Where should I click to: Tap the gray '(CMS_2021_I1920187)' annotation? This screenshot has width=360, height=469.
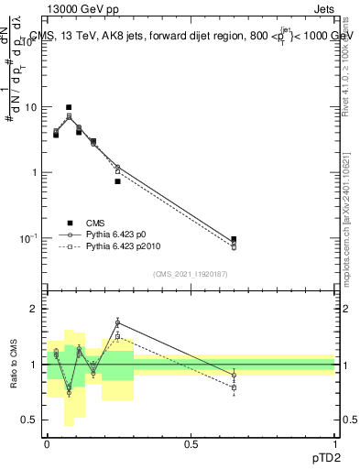pos(191,274)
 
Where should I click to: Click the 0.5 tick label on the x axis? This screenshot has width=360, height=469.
pos(191,443)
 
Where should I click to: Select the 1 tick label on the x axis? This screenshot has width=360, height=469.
pos(334,443)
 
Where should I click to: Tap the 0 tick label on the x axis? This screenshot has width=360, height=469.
pos(47,443)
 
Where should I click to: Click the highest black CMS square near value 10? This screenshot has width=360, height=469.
pos(69,107)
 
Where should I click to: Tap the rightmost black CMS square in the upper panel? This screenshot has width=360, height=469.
pos(234,239)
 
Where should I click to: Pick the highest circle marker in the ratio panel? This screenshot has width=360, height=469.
pos(117,322)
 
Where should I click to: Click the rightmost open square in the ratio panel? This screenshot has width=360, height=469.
pos(234,387)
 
